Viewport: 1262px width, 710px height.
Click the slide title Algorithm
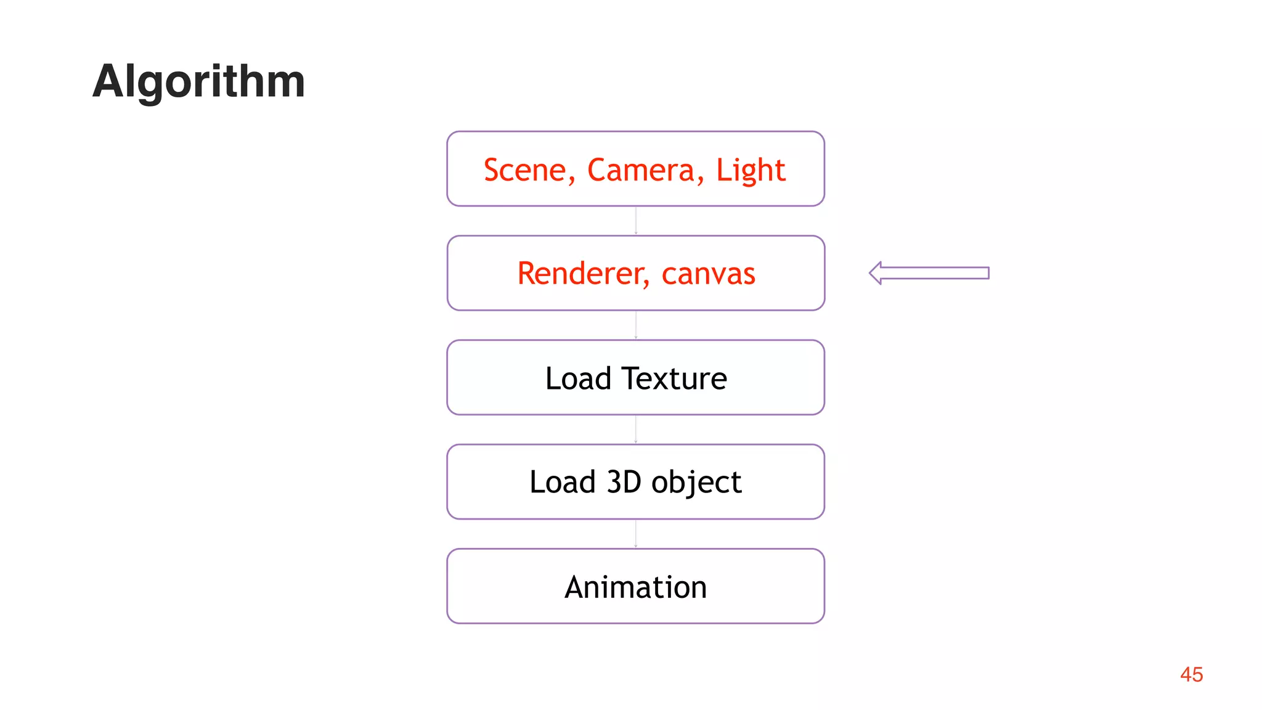click(x=198, y=81)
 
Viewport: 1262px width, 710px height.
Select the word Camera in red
click(x=641, y=170)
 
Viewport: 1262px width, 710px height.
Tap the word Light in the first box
click(x=750, y=170)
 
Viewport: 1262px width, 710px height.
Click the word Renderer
click(x=583, y=274)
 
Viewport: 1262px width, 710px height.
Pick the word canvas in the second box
click(x=708, y=274)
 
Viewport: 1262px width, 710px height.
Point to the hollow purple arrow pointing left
click(x=929, y=273)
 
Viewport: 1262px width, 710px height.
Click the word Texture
click(x=674, y=378)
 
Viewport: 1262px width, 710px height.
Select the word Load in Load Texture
click(x=577, y=378)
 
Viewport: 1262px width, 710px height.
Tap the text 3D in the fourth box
click(x=624, y=482)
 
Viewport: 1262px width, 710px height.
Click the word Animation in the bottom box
click(x=635, y=587)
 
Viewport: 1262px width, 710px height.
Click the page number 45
click(x=1191, y=674)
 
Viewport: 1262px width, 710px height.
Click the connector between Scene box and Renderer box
click(x=636, y=221)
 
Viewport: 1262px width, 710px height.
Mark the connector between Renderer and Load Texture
click(x=636, y=325)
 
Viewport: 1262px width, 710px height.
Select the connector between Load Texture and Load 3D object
click(x=636, y=430)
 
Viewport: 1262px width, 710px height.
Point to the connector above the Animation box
click(x=636, y=534)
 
